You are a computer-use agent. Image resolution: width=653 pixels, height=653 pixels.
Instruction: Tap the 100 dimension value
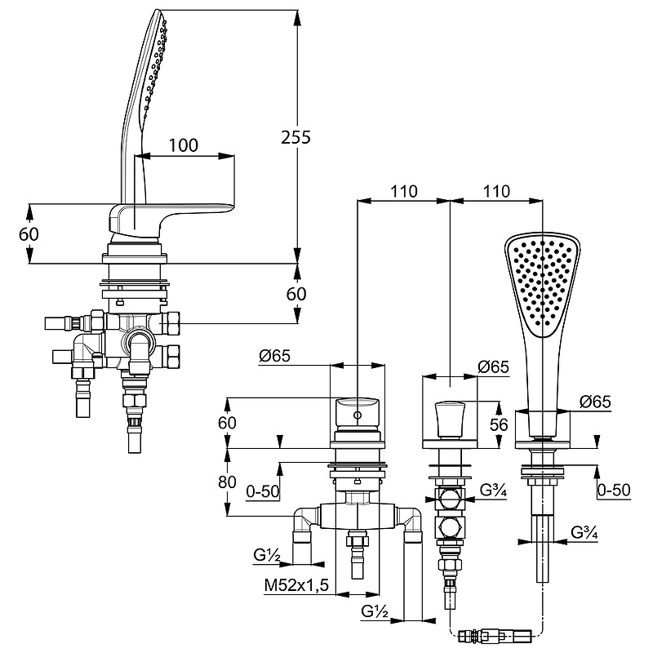184,145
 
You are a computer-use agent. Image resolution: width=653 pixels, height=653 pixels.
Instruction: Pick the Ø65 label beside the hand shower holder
595,402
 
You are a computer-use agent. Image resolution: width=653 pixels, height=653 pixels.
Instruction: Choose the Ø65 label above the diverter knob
493,367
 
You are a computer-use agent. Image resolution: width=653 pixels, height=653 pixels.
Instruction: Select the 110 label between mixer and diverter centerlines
403,192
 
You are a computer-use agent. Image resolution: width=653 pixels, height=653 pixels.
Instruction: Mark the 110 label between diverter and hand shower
496,192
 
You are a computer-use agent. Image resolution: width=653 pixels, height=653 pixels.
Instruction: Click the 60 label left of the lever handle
30,233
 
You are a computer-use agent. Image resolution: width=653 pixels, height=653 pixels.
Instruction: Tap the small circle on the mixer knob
358,416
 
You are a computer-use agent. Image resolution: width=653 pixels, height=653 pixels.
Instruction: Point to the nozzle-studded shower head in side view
155,65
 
